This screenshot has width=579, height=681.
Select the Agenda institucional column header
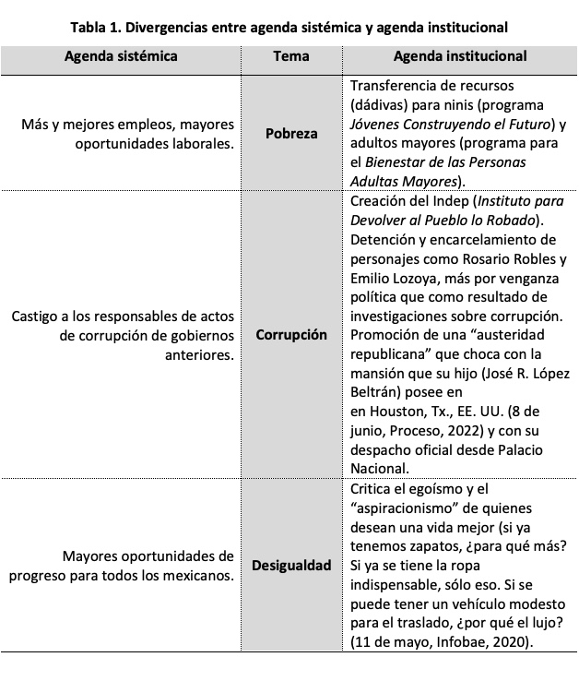click(459, 56)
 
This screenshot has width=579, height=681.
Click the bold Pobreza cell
click(291, 133)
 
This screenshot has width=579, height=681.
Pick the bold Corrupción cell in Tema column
click(291, 334)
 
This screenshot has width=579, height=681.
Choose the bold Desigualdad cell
click(291, 564)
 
